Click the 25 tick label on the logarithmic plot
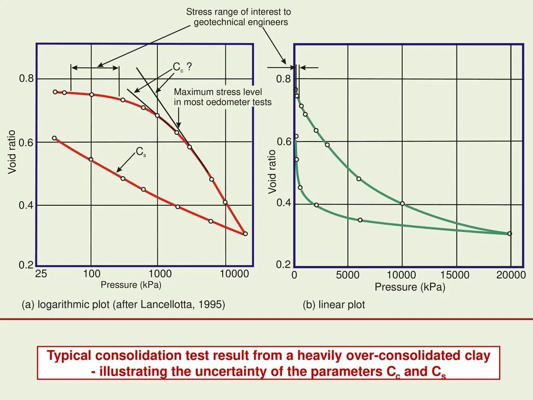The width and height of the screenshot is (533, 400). point(41,274)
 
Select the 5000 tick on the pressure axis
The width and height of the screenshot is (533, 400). point(348,275)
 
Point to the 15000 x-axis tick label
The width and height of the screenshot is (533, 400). point(455,275)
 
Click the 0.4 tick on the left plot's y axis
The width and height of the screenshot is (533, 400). point(26,206)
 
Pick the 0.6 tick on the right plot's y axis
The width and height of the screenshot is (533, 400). point(284,142)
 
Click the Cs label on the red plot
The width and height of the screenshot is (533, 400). point(141,152)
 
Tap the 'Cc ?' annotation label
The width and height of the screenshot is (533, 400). point(182,67)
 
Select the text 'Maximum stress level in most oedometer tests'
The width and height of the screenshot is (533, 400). point(222,97)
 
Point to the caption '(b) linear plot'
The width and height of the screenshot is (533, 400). point(334,305)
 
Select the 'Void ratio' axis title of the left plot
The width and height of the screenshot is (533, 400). point(12,152)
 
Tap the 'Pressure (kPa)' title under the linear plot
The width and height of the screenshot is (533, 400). point(410,287)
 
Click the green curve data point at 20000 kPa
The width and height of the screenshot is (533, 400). point(510,233)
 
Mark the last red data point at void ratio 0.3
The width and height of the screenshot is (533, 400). point(245,234)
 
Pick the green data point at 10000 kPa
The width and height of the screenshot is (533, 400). point(402,203)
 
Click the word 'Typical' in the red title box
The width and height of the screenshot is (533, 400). point(69,356)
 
